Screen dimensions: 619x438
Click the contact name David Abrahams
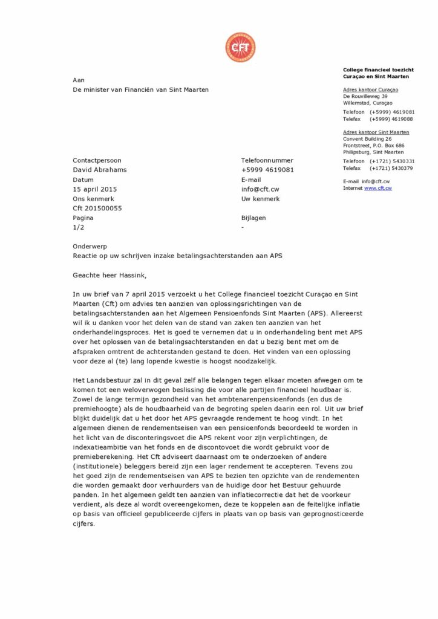pos(100,170)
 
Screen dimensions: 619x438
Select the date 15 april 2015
pos(95,189)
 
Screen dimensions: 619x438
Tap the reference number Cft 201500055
pos(97,208)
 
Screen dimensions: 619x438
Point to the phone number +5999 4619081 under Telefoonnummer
pos(267,170)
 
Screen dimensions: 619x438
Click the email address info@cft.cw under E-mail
pos(260,189)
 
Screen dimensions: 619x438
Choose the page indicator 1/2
pos(79,227)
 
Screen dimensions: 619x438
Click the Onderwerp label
pos(89,247)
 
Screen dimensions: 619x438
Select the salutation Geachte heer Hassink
pos(109,276)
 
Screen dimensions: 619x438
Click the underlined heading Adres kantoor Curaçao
pos(370,89)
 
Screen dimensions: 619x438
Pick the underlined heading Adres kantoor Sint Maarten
pos(376,132)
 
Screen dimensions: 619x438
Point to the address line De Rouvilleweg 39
pos(365,96)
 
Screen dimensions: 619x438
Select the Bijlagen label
pos(253,218)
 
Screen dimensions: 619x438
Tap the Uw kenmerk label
pos(261,198)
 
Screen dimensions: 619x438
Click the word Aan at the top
pos(79,80)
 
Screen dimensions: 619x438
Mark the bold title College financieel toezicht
pos(378,70)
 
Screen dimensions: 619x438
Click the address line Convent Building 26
pos(367,139)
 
